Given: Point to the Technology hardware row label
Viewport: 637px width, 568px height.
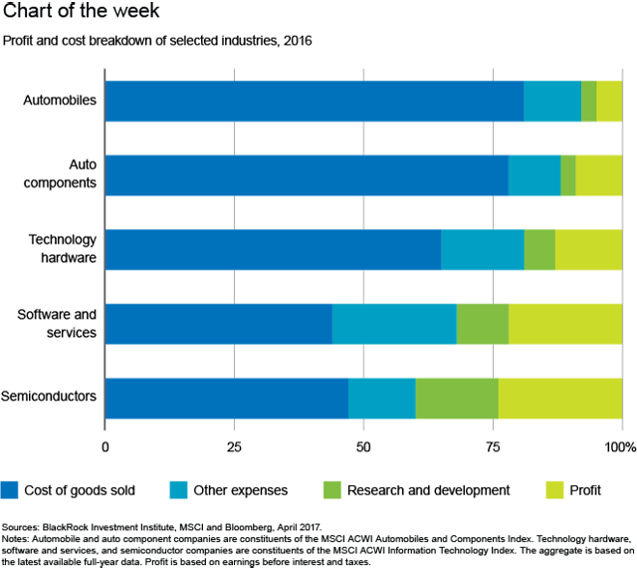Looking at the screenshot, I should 62,248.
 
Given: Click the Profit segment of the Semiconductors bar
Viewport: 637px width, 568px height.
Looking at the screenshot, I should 559,398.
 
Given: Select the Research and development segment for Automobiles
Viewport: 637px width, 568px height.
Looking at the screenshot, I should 588,102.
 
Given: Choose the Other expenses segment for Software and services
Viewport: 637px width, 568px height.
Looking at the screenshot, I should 394,324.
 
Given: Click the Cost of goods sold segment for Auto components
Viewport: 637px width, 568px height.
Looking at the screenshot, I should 306,175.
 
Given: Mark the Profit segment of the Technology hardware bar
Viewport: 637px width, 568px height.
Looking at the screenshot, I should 588,249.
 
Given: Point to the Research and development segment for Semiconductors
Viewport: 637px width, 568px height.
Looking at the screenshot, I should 457,398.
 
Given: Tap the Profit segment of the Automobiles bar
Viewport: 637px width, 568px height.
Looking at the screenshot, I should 609,102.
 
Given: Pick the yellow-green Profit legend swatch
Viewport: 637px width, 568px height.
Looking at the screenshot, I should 553,489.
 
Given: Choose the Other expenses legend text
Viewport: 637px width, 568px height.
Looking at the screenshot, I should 240,489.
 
